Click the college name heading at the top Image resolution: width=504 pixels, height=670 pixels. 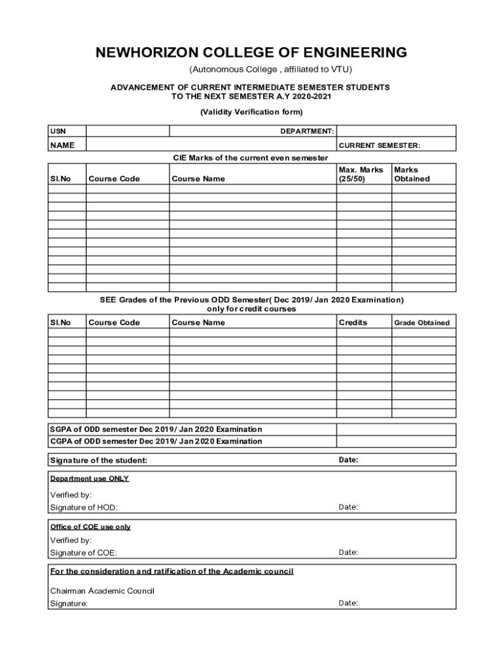[x=251, y=52]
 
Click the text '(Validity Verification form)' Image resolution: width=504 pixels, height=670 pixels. [x=251, y=112]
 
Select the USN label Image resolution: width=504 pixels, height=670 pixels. [x=58, y=132]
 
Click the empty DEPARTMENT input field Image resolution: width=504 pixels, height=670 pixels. [x=396, y=131]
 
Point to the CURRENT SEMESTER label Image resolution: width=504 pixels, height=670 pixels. [x=379, y=145]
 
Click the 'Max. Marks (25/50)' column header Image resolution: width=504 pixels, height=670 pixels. [x=361, y=174]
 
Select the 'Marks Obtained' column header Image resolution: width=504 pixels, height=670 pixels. [x=412, y=174]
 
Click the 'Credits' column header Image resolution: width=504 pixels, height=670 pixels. [x=353, y=323]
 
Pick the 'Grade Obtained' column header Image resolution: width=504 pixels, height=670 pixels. [x=422, y=323]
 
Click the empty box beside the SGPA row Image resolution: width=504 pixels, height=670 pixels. [x=396, y=429]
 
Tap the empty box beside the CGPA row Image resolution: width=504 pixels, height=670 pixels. [x=396, y=441]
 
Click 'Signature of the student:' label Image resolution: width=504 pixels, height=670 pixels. [x=99, y=461]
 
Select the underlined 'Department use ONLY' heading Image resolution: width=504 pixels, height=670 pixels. [x=90, y=479]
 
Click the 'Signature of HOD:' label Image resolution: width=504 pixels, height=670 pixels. [x=84, y=508]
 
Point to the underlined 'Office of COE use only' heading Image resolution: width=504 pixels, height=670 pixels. [x=90, y=527]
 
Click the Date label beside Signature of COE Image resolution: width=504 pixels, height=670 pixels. [x=348, y=552]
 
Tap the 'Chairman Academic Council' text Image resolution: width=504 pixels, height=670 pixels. [x=102, y=591]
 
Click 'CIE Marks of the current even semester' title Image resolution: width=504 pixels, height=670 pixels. [x=250, y=158]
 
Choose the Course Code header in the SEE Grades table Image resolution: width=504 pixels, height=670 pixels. [x=114, y=323]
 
